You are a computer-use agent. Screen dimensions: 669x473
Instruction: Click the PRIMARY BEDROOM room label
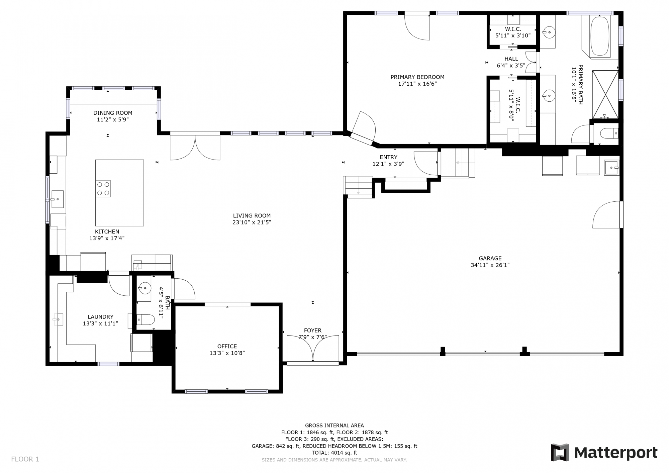point(417,77)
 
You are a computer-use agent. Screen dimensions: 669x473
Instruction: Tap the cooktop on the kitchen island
point(103,189)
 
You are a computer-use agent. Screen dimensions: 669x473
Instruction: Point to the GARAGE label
point(490,258)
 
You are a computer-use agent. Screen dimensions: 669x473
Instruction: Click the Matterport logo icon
point(560,453)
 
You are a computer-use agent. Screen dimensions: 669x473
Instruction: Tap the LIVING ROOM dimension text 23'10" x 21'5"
point(252,222)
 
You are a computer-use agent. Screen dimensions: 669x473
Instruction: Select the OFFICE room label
point(227,347)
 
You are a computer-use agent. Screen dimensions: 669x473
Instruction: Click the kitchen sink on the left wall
point(58,199)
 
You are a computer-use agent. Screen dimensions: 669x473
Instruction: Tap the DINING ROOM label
point(113,113)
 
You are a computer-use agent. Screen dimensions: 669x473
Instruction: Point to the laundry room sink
point(58,319)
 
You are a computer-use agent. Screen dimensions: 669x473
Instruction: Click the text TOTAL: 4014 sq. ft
point(334,453)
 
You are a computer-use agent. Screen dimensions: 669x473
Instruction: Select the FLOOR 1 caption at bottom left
point(25,459)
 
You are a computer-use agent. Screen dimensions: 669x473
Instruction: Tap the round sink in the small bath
point(145,288)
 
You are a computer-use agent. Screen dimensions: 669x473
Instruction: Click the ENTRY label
point(388,157)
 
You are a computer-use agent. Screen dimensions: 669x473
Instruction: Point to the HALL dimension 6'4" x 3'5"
point(511,66)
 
